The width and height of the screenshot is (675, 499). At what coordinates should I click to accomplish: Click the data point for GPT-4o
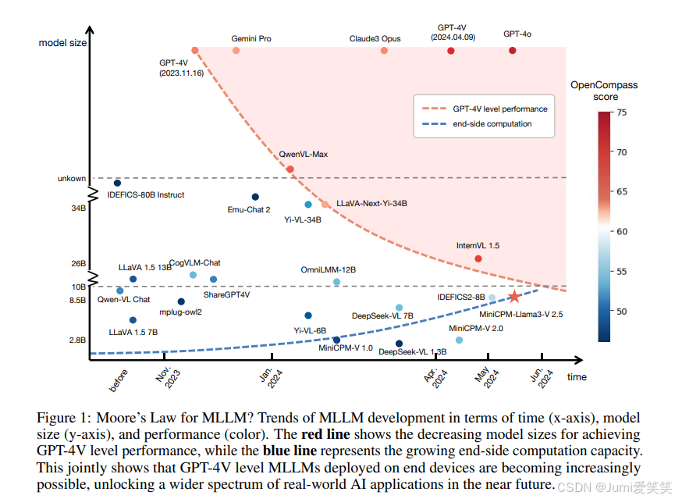point(512,51)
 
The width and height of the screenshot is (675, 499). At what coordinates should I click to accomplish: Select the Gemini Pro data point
point(236,51)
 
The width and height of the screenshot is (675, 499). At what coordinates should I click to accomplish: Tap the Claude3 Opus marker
point(384,51)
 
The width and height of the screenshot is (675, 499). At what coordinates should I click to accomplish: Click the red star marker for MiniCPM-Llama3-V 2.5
point(514,297)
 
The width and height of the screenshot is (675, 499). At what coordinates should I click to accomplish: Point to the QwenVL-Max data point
point(290,169)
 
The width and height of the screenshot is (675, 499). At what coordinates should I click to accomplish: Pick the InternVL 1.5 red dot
point(478,258)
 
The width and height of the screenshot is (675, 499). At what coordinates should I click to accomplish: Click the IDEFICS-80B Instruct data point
point(118,183)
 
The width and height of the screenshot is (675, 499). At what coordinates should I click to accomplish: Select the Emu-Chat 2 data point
point(255,197)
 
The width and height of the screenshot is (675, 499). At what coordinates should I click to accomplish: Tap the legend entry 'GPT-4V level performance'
point(500,109)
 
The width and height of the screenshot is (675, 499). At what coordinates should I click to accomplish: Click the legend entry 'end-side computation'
point(492,123)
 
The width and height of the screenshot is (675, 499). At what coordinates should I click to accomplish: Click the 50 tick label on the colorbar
point(622,312)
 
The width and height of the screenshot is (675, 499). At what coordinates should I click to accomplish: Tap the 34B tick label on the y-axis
point(77,209)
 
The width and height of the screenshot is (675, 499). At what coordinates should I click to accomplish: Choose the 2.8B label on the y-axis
point(77,340)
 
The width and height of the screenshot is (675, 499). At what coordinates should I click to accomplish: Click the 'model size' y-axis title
point(62,43)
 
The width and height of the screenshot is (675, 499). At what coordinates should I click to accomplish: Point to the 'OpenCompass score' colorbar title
point(604,91)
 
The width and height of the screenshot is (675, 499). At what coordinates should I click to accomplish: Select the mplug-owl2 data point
point(181,301)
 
